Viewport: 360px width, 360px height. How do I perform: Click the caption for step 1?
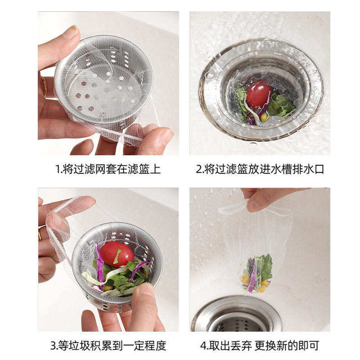coord(108,169)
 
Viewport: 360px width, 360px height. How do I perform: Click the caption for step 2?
coord(260,169)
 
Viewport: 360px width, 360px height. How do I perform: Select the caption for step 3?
coord(108,346)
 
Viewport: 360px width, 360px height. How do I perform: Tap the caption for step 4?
coord(260,346)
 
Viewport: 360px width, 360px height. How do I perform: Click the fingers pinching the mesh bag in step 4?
coord(265,198)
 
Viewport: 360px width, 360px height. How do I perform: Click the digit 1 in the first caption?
coord(57,170)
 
